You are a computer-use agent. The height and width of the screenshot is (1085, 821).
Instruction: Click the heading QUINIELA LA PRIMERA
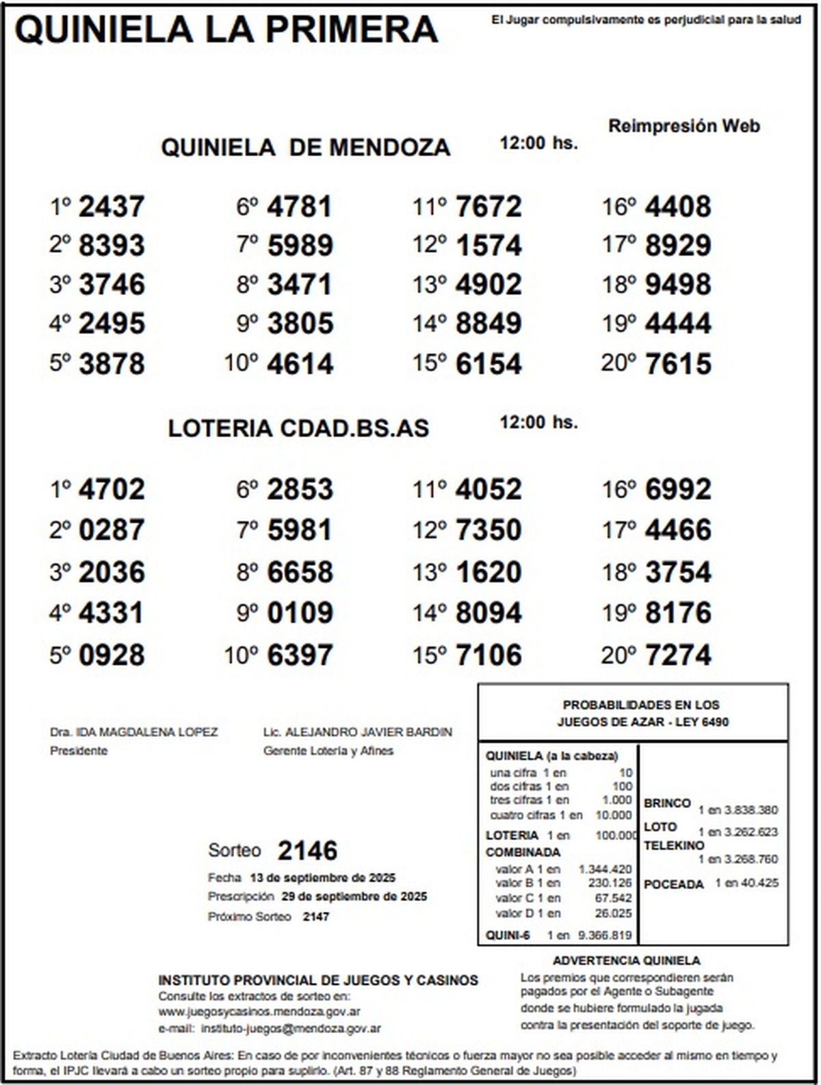click(x=226, y=30)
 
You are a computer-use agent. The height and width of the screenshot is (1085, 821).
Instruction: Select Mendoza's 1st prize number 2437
click(x=112, y=207)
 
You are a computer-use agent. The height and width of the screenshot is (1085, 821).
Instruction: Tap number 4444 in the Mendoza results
click(x=677, y=324)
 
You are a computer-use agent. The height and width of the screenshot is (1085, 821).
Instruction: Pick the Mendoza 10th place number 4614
click(x=300, y=364)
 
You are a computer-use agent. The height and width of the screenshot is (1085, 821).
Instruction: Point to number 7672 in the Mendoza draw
click(x=488, y=207)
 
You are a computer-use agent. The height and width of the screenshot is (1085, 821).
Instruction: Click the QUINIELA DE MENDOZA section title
click(x=305, y=148)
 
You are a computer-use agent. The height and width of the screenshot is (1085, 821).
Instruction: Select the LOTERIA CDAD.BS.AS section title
click(x=298, y=428)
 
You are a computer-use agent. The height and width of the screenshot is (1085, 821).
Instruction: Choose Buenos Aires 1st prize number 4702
click(x=112, y=490)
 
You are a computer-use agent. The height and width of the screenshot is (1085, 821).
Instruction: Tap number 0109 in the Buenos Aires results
click(x=300, y=613)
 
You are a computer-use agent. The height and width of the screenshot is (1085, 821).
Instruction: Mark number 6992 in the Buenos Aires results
click(x=677, y=490)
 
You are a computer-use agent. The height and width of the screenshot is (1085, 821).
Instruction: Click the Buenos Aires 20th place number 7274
click(x=677, y=655)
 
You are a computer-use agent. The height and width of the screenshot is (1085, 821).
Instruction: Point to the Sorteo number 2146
click(x=307, y=851)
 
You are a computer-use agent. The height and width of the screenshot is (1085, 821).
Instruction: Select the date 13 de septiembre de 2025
click(x=322, y=878)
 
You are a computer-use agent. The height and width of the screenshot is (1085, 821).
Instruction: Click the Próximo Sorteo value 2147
click(x=315, y=917)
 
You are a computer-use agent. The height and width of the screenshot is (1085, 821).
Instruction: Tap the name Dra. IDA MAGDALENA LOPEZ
click(x=133, y=732)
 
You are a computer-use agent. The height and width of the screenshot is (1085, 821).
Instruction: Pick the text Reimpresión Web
click(x=683, y=127)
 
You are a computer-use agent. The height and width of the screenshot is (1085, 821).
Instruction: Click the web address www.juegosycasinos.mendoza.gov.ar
click(x=259, y=1012)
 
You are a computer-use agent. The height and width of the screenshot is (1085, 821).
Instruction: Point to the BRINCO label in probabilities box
click(x=667, y=803)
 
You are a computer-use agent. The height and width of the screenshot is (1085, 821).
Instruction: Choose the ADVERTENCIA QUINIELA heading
click(x=626, y=960)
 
